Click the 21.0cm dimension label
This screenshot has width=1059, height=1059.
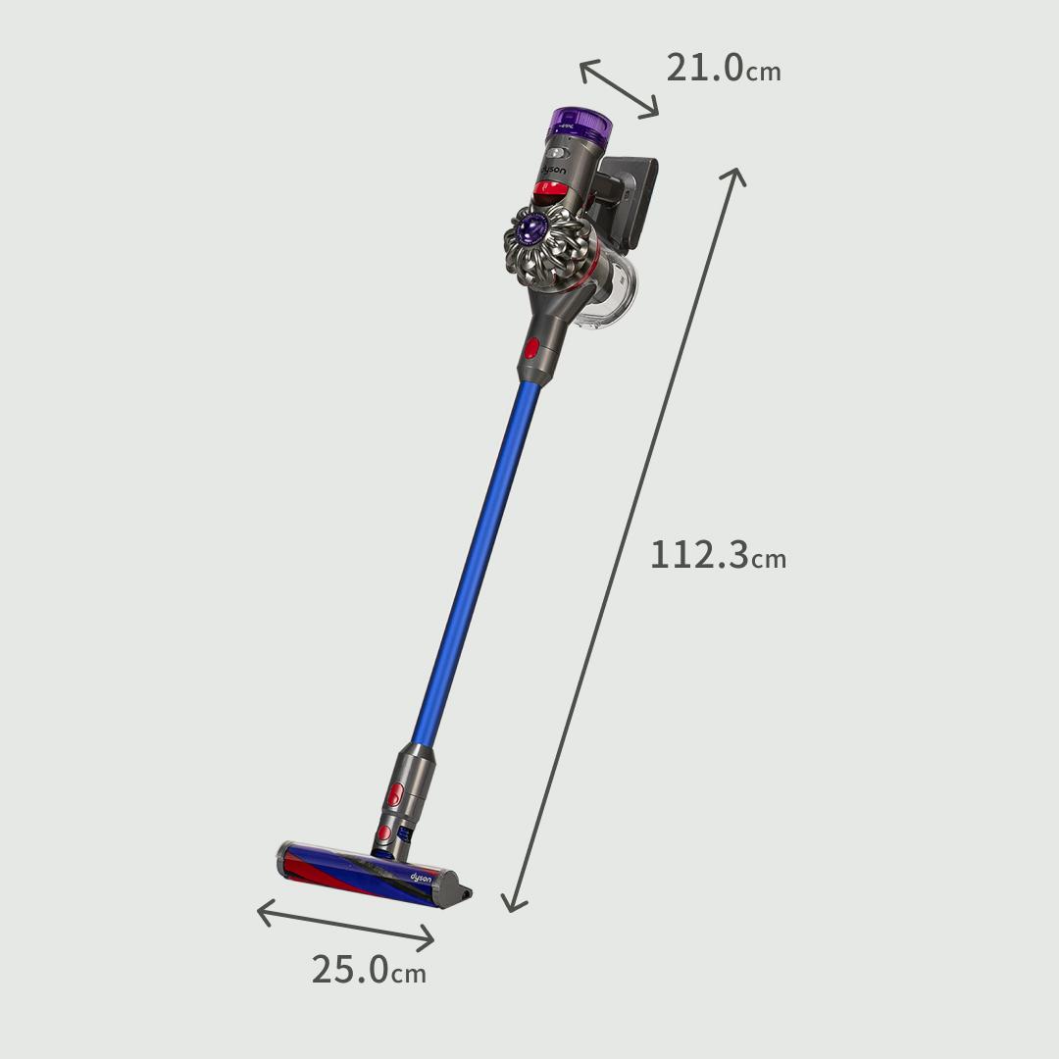pyautogui.click(x=723, y=69)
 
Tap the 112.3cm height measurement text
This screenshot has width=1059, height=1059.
pyautogui.click(x=718, y=555)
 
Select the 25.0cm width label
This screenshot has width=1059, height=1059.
pyautogui.click(x=369, y=970)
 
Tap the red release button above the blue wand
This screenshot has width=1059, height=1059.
pyautogui.click(x=531, y=347)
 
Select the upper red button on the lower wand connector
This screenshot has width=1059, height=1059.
pyautogui.click(x=397, y=793)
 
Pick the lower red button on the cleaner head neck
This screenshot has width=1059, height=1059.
pyautogui.click(x=385, y=833)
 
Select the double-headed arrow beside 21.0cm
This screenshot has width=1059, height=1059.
pyautogui.click(x=619, y=89)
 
